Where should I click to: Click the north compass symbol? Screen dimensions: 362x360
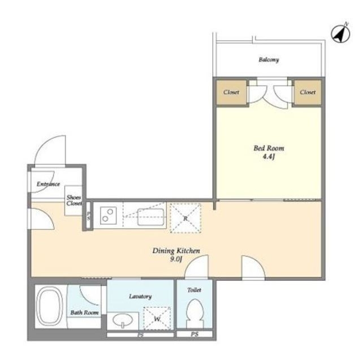[341, 33]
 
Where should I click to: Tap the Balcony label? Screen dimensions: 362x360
[269, 59]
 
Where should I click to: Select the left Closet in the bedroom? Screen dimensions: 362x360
[231, 92]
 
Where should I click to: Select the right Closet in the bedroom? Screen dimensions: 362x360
[308, 92]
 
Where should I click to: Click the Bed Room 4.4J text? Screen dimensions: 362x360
[269, 152]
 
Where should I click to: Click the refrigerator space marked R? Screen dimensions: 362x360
[186, 218]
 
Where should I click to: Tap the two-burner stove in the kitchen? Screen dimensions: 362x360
[108, 215]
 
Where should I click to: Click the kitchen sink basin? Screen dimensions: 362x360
[151, 217]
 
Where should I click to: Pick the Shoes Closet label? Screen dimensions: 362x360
[74, 200]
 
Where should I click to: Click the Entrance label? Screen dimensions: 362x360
[48, 184]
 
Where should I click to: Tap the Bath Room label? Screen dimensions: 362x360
[84, 312]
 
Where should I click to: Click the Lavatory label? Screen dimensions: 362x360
[140, 296]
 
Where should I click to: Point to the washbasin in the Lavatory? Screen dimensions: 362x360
[123, 320]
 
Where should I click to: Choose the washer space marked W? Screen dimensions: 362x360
[157, 319]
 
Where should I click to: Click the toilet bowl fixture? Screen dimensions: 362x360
[195, 314]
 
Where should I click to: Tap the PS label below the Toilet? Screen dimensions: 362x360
[195, 334]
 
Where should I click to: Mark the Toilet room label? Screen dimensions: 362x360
[194, 290]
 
